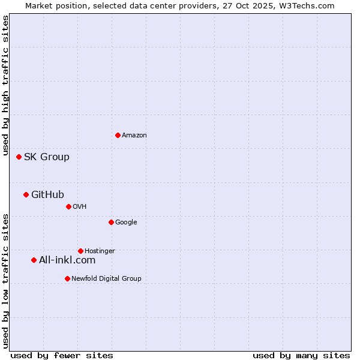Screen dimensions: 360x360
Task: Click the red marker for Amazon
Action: pos(118,135)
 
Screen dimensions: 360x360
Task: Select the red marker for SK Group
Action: pos(19,157)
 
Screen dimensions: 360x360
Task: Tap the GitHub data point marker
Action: pos(26,194)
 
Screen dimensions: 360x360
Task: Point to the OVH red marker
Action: pos(68,206)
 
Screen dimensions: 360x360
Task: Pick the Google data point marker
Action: pos(111,222)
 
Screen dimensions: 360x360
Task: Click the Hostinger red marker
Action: pos(80,251)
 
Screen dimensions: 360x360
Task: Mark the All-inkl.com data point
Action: pos(34,260)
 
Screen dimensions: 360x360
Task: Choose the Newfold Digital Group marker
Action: pos(67,278)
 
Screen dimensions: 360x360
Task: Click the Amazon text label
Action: pos(134,136)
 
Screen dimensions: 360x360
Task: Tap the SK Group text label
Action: pos(47,157)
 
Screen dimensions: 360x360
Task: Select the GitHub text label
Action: pos(47,194)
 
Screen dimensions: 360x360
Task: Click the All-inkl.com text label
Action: pos(67,260)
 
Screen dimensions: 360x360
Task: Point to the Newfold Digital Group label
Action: pos(106,278)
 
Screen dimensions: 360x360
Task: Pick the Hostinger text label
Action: pos(100,251)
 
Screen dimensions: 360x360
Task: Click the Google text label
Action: pos(126,223)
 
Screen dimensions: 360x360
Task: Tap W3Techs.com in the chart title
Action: pos(310,5)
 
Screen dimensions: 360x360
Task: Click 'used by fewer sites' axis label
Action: pos(62,355)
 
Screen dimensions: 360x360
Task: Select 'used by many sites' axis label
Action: pos(301,355)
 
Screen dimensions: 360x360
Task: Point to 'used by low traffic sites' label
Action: pos(6,280)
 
